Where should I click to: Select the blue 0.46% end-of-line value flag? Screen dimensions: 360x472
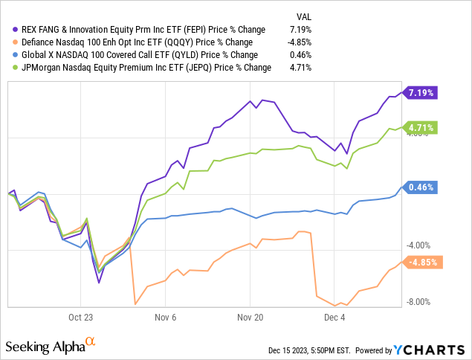tap(421, 187)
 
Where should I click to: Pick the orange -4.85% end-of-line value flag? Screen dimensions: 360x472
tap(423, 262)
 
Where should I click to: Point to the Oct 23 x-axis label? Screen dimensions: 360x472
tap(81, 315)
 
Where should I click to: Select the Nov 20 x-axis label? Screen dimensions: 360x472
tap(250, 315)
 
